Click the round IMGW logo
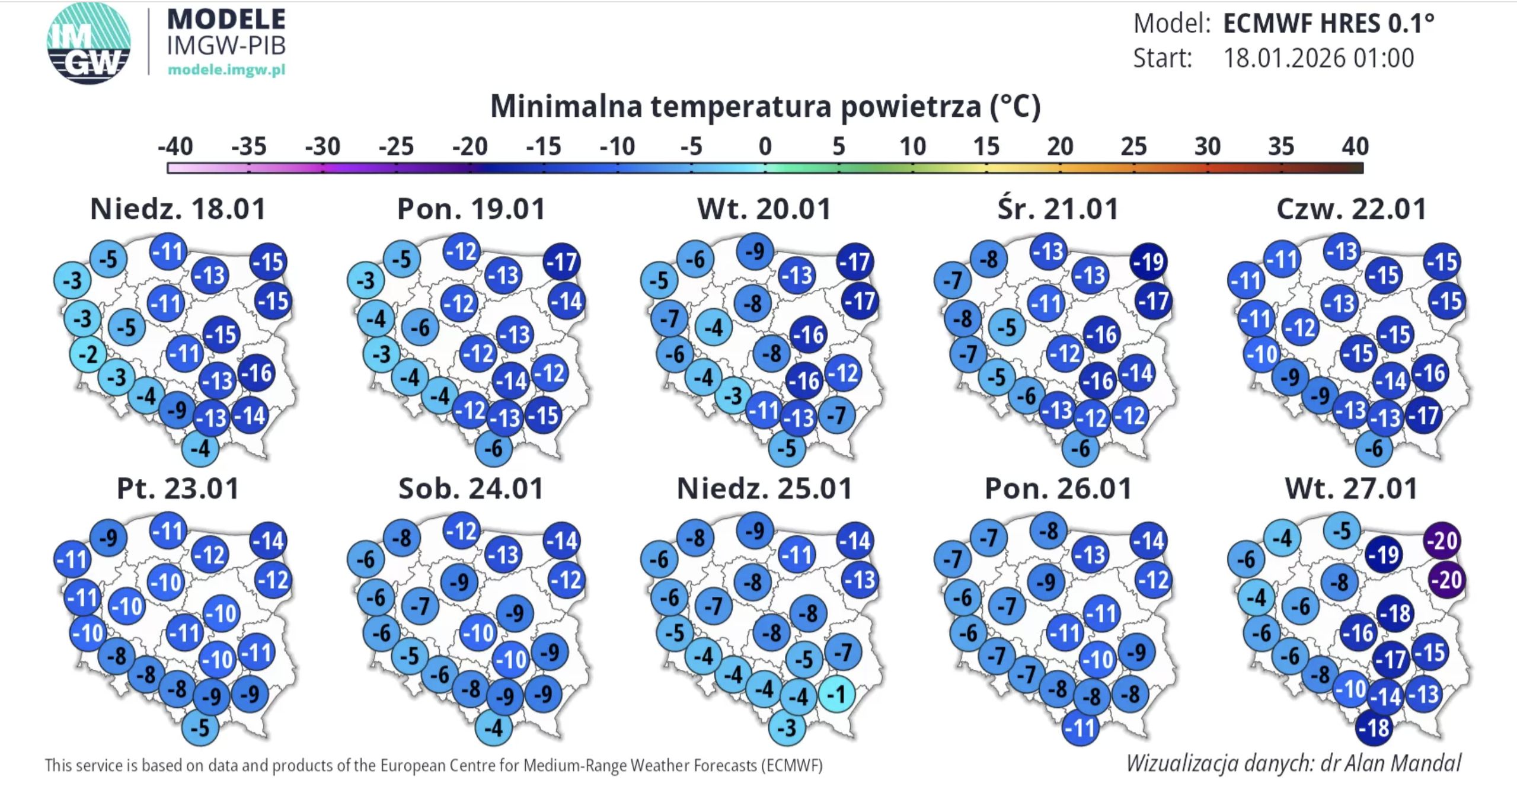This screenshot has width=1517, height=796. (89, 43)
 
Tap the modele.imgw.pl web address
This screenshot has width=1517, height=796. (226, 70)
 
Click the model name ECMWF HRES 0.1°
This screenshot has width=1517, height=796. (1328, 24)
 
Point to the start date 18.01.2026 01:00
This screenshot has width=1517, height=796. (1318, 58)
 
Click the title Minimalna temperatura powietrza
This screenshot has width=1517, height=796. (765, 107)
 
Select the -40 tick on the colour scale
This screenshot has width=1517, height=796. (175, 146)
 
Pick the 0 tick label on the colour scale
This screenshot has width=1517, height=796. (765, 146)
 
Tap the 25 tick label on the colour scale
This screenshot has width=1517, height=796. (1133, 146)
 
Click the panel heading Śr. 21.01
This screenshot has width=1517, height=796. (1058, 209)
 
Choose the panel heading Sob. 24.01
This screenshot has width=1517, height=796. (471, 489)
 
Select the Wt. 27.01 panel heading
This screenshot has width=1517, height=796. (1351, 489)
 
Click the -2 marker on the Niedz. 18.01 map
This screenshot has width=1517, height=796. (88, 354)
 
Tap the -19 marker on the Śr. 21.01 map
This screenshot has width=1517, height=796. (1149, 261)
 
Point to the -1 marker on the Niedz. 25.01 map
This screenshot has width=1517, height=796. (837, 693)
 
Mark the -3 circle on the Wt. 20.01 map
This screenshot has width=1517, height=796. (733, 395)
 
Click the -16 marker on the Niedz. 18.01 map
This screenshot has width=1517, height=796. (257, 373)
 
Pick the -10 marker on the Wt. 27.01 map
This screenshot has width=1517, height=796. (1351, 689)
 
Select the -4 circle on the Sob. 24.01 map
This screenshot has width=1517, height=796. (493, 727)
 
